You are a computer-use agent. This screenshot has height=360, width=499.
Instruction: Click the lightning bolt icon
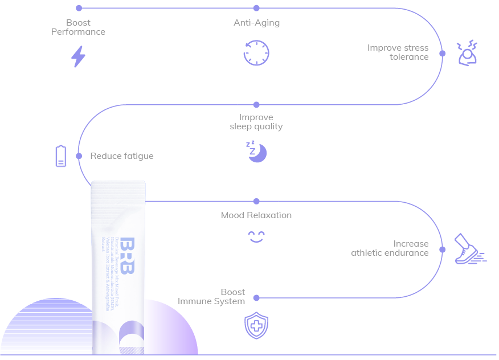click(x=78, y=56)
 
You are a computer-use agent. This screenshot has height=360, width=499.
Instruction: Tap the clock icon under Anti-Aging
click(x=256, y=53)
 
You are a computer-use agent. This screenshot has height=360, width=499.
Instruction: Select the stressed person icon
click(x=467, y=53)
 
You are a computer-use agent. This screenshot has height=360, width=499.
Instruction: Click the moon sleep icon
click(x=257, y=152)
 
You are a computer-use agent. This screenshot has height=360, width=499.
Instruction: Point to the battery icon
click(x=61, y=156)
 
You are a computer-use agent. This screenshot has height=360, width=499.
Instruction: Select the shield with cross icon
click(x=256, y=326)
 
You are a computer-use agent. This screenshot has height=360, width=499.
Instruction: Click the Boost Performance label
click(x=79, y=27)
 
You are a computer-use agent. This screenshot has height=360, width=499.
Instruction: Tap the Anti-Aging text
click(x=256, y=23)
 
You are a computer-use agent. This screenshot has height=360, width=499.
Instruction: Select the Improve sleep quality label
click(x=256, y=122)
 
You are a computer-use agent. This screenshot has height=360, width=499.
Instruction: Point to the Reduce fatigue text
click(x=122, y=156)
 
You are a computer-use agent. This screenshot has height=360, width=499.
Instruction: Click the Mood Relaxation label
click(x=256, y=215)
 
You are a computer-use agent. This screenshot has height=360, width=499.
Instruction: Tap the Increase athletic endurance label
click(x=390, y=248)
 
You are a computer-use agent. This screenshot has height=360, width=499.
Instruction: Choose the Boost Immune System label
click(x=211, y=296)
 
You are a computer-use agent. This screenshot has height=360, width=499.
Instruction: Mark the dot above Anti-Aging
click(x=256, y=8)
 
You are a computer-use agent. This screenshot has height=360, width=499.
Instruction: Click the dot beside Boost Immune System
click(x=256, y=298)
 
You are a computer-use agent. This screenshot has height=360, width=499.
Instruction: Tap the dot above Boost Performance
click(x=79, y=8)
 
